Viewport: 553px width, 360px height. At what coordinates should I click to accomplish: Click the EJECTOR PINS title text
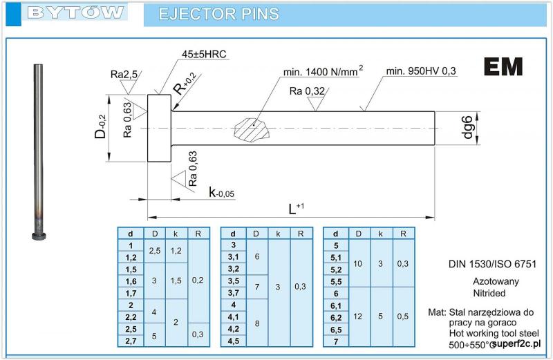218,14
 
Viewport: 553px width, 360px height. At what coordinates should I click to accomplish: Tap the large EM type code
503,66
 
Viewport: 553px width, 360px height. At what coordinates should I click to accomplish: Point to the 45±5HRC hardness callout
204,54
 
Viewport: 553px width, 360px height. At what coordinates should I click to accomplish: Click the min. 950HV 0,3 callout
422,70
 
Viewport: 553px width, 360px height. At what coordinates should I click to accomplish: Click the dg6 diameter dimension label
468,127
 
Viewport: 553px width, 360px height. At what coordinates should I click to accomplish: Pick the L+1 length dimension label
294,208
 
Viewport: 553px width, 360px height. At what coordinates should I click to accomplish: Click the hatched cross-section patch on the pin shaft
252,129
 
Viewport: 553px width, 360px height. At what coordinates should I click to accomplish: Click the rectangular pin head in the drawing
159,128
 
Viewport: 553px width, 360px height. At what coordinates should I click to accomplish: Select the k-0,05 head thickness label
222,191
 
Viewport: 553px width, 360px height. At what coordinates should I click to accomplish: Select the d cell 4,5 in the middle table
233,340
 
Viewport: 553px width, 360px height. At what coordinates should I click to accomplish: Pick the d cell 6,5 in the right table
336,330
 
